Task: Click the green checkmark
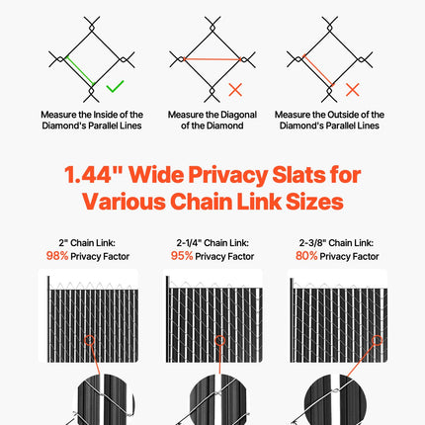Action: pos(115,87)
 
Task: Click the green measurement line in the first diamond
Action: pos(80,71)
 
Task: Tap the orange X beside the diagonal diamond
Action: pos(235,90)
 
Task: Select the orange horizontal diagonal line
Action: pos(212,59)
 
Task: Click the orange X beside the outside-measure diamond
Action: pos(353,90)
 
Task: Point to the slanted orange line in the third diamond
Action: pos(318,70)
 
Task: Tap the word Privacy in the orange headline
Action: pos(227,175)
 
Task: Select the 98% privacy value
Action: pos(57,256)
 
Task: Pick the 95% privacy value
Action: pos(182,256)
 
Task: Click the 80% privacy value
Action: pos(306,256)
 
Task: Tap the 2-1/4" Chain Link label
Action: pos(212,243)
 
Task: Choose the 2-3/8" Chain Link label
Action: pos(336,243)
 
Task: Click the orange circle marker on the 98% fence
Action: pos(89,340)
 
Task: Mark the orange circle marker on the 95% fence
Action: pos(220,340)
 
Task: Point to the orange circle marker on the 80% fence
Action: pos(377,340)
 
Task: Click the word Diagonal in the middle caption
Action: pos(239,115)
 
